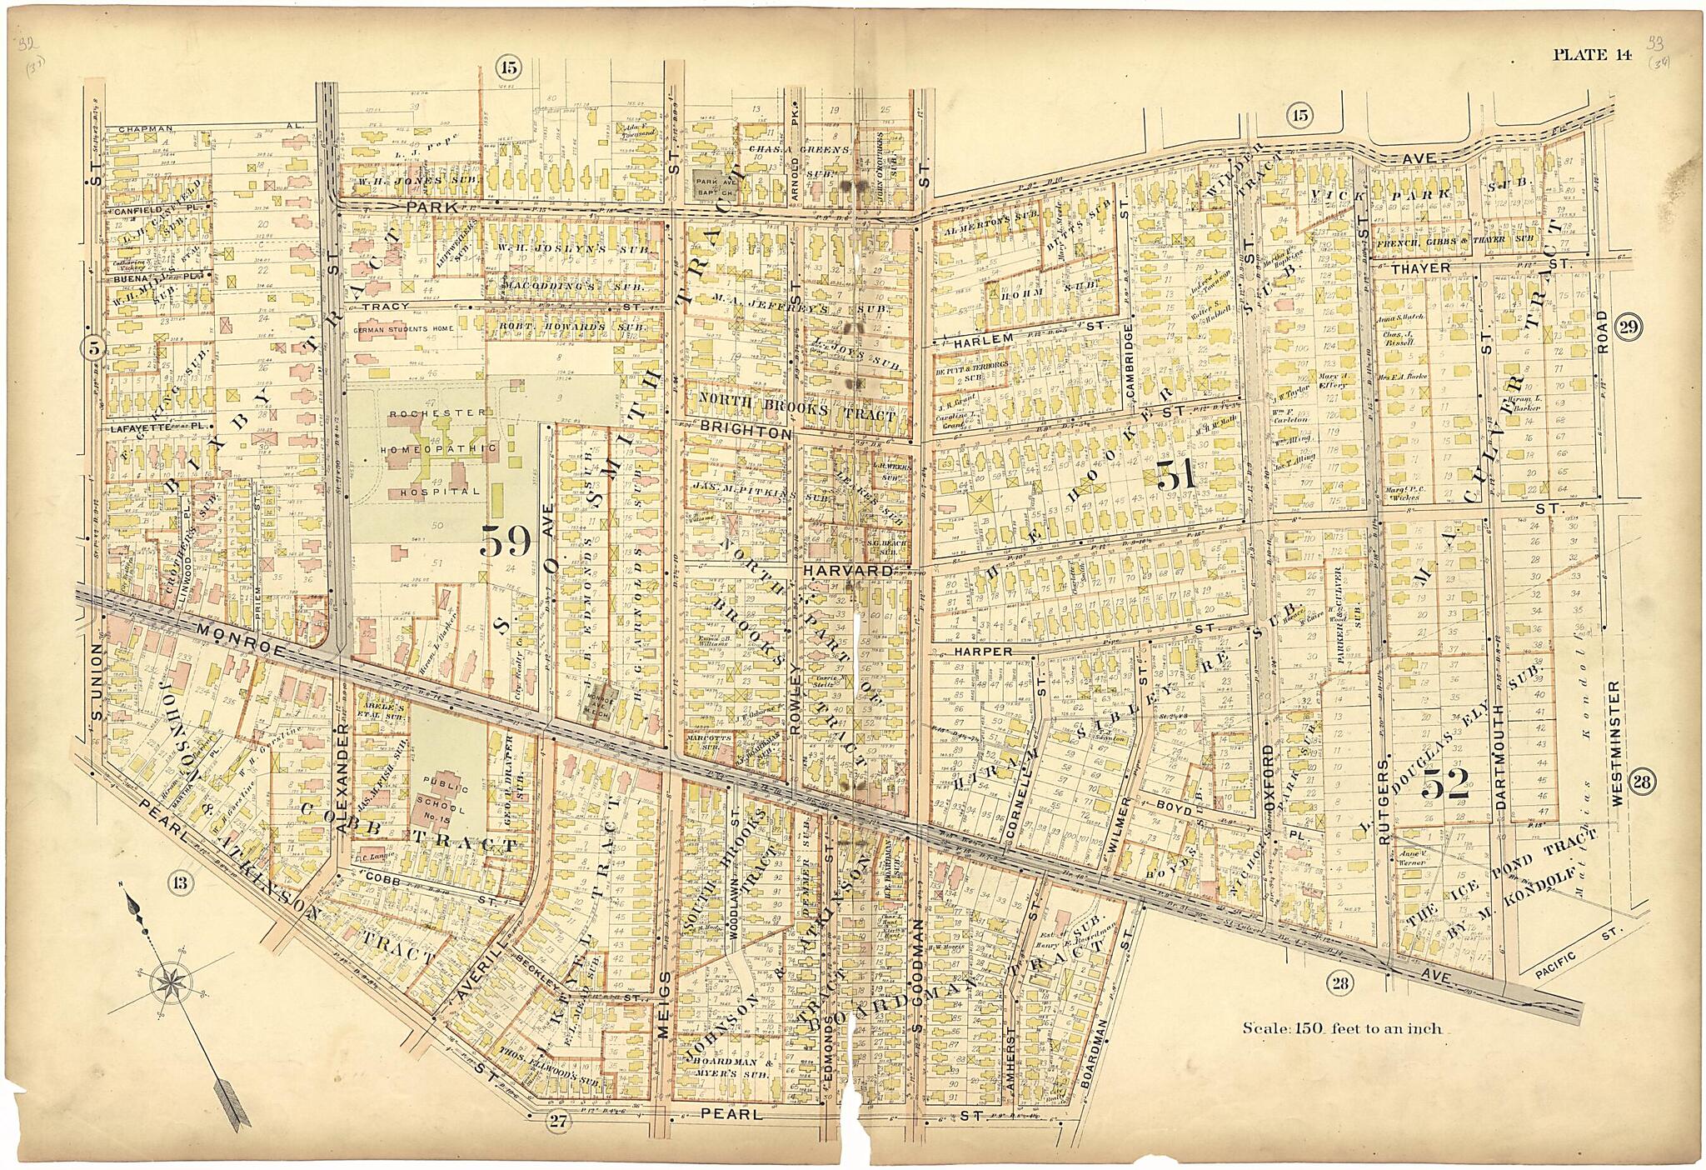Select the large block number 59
[506, 543]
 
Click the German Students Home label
[403, 328]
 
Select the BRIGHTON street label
[745, 434]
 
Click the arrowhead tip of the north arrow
[131, 897]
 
